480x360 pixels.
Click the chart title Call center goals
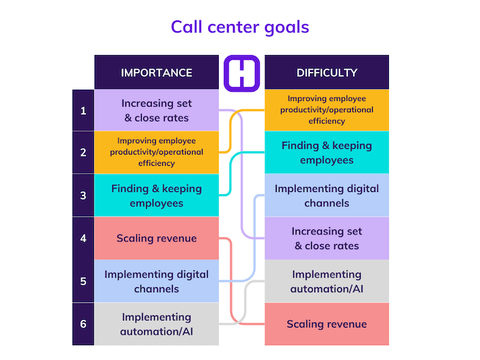pyautogui.click(x=240, y=27)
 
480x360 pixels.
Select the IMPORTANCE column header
pyautogui.click(x=156, y=72)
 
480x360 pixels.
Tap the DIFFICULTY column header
pyautogui.click(x=326, y=72)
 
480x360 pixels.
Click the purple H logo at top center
pyautogui.click(x=241, y=73)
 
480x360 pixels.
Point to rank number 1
pyautogui.click(x=83, y=110)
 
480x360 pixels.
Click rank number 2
pyautogui.click(x=83, y=152)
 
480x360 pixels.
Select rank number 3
pyautogui.click(x=83, y=196)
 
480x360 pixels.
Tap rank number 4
pyautogui.click(x=83, y=238)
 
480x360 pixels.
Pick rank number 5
pyautogui.click(x=83, y=281)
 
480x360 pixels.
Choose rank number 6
pyautogui.click(x=83, y=324)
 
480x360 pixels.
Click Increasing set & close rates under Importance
pyautogui.click(x=156, y=110)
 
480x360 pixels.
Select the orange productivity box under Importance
pyautogui.click(x=156, y=152)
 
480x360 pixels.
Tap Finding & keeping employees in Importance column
pyautogui.click(x=156, y=196)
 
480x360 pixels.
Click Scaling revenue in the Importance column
pyautogui.click(x=156, y=238)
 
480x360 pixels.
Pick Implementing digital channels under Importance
pyautogui.click(x=156, y=281)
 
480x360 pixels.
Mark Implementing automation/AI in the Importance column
pyautogui.click(x=156, y=324)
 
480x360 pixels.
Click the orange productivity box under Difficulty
pyautogui.click(x=326, y=110)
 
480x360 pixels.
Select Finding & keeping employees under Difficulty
pyautogui.click(x=326, y=152)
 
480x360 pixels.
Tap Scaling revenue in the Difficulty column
pyautogui.click(x=326, y=324)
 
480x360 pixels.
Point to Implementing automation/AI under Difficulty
pyautogui.click(x=326, y=281)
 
